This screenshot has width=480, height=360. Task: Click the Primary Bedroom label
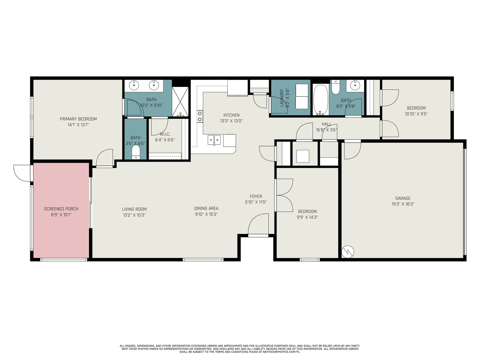click(78, 119)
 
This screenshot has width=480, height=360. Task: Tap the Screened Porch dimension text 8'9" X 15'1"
click(61, 214)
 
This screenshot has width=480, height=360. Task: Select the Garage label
click(403, 198)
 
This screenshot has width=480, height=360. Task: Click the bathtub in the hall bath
click(321, 100)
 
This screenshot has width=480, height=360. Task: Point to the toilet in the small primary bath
click(136, 152)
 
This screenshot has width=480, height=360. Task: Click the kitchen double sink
click(214, 140)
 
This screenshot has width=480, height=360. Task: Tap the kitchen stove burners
click(200, 116)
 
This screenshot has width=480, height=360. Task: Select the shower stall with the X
click(180, 102)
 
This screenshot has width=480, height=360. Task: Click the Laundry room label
click(282, 98)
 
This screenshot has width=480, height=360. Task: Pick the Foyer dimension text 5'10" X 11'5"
click(256, 202)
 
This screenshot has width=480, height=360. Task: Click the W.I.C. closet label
click(165, 134)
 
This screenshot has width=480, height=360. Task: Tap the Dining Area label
click(206, 208)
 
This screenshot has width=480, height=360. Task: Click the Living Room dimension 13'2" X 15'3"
click(134, 215)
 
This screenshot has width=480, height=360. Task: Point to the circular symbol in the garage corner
click(348, 252)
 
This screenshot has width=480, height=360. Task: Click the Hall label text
click(326, 124)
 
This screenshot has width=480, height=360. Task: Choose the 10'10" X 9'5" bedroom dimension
click(416, 114)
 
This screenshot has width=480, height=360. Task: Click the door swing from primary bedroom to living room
click(104, 157)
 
